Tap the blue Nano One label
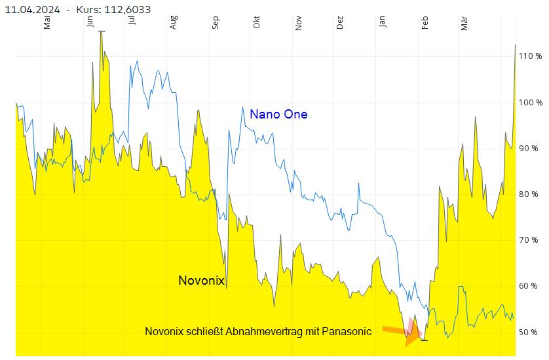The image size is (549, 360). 278,115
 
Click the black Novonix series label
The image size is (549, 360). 201,280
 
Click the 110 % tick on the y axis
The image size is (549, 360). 530,56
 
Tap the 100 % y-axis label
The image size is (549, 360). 530,103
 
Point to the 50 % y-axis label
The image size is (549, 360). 530,332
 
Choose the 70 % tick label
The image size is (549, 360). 530,240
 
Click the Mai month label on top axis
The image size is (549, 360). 47,22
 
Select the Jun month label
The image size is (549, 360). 90,22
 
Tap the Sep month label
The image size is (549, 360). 216,22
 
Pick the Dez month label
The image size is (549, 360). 340,22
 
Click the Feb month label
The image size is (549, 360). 425,22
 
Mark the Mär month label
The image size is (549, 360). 464,22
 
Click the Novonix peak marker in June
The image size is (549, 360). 102,31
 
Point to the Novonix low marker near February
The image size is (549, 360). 424,340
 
